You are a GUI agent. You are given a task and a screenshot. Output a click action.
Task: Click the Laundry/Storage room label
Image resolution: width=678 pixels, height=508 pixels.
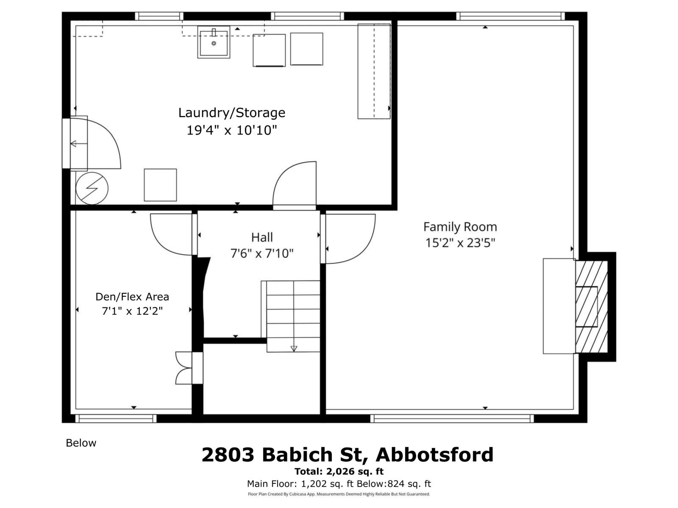[x=231, y=113]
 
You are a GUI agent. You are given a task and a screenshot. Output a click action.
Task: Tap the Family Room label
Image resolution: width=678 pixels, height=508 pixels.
[x=460, y=227]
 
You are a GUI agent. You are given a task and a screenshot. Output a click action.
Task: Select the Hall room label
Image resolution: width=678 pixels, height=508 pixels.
[x=262, y=237]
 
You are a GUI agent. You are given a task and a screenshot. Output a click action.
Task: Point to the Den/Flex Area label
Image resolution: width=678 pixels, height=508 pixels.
[x=132, y=297]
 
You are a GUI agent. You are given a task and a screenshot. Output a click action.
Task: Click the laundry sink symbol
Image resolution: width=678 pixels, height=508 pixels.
[x=214, y=42]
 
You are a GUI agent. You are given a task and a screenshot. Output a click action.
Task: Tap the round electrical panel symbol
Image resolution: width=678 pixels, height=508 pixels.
[x=92, y=188]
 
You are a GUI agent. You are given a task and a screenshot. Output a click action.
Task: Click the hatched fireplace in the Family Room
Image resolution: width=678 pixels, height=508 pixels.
[x=592, y=307]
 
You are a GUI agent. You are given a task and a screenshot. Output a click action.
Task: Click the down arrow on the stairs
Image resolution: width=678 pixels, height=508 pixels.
[x=294, y=348]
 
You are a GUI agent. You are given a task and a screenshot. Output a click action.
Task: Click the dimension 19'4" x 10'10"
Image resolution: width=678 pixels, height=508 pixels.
[x=231, y=130]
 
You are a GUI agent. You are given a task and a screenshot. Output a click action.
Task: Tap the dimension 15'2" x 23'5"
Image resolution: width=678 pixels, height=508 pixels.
[x=460, y=243]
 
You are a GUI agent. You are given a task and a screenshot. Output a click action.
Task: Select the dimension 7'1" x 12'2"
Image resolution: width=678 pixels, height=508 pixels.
[x=132, y=311]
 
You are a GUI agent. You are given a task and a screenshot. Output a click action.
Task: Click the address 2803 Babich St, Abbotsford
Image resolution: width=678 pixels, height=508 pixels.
[x=347, y=455]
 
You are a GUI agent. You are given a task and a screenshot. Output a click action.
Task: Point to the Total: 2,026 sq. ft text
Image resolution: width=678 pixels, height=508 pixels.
[x=339, y=472]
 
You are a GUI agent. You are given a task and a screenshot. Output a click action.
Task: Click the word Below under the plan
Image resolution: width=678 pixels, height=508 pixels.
[x=81, y=443]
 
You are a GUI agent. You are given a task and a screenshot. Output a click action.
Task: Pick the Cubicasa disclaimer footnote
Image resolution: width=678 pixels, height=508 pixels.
[x=339, y=494]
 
